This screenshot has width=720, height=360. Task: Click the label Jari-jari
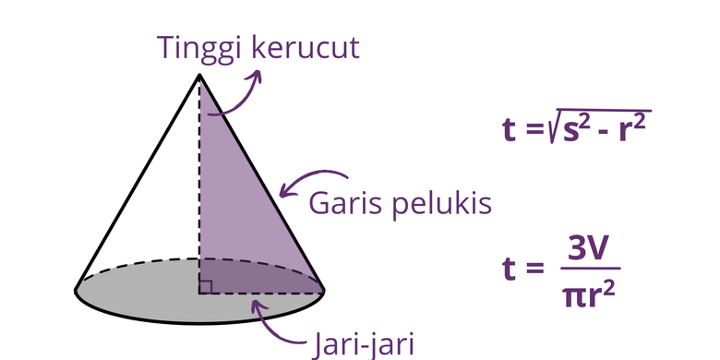(x=363, y=344)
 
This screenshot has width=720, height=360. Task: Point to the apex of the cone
(x=198, y=75)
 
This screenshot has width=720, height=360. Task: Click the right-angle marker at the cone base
(x=207, y=287)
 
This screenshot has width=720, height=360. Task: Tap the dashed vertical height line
(x=198, y=185)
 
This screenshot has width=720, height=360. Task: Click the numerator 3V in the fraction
(x=588, y=249)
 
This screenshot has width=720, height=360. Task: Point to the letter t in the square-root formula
(x=509, y=129)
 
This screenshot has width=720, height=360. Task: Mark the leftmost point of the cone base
(x=76, y=291)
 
